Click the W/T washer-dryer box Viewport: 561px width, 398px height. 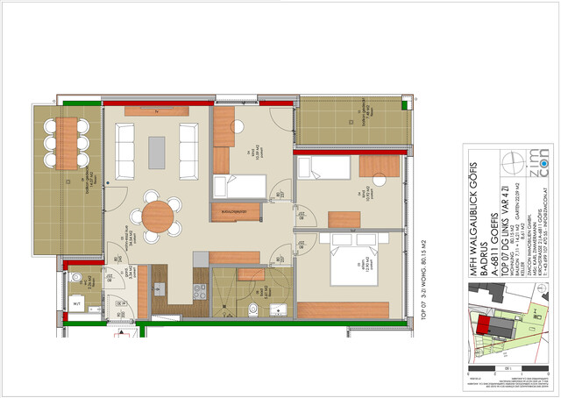(x=78, y=305)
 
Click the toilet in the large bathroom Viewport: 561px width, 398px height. (x=252, y=307)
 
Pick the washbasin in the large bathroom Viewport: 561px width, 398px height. (x=278, y=308)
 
